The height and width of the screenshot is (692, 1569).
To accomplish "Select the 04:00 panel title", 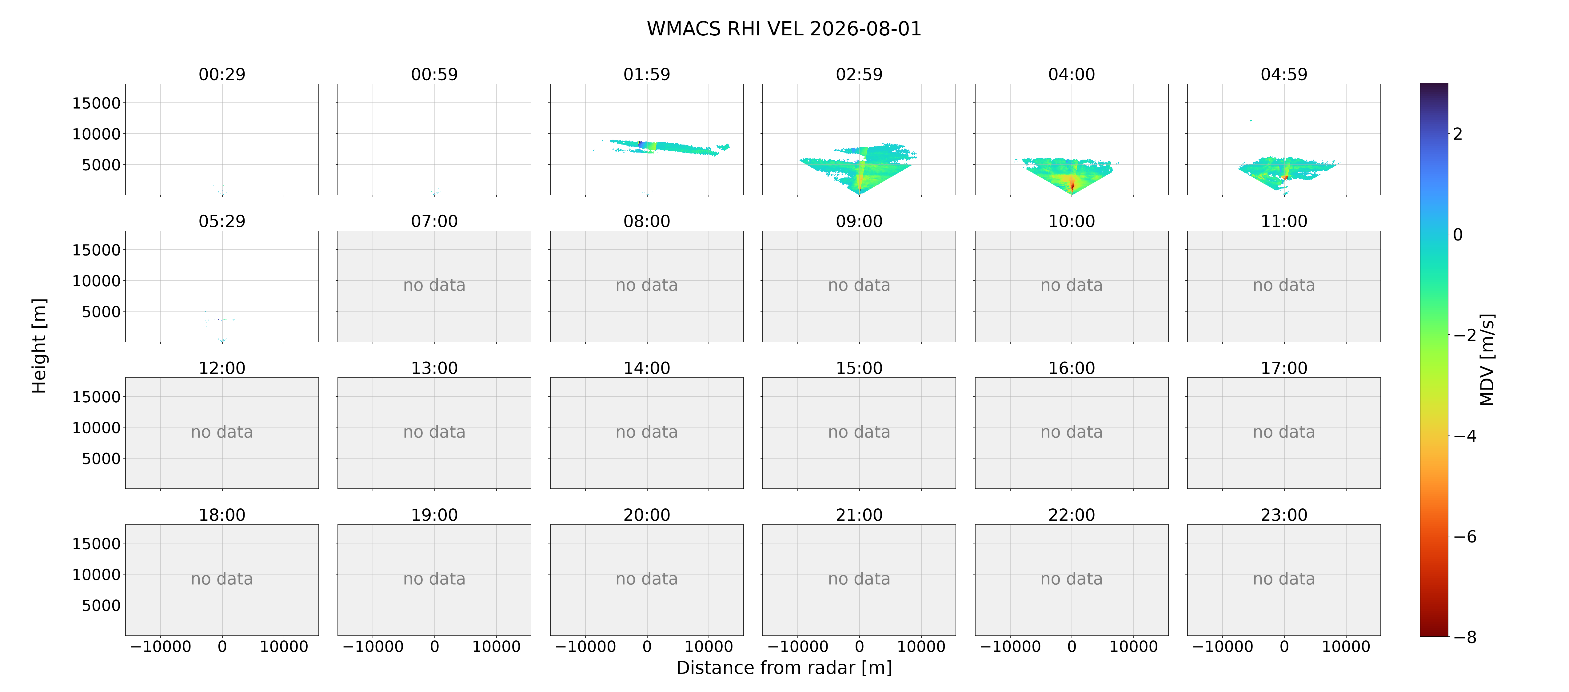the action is pos(1071,74).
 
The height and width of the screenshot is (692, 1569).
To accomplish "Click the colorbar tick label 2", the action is pos(1458,134).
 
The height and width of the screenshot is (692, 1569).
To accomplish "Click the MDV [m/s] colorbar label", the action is pos(1487,360).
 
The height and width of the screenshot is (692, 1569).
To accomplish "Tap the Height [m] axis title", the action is pos(39,346).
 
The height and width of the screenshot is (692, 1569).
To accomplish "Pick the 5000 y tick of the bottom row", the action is pos(101,606).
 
